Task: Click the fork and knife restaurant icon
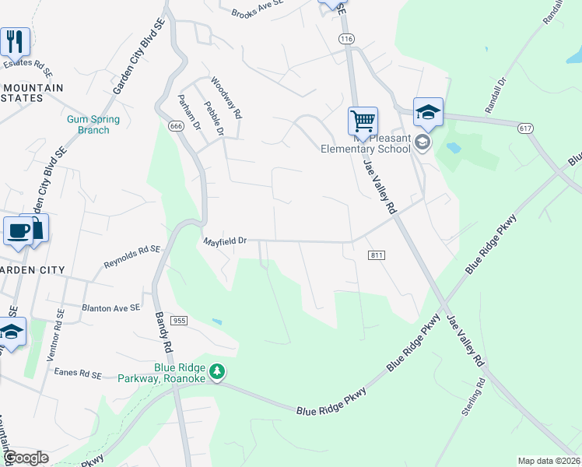pyautogui.click(x=15, y=42)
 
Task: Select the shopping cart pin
pyautogui.click(x=363, y=122)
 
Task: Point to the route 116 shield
pyautogui.click(x=346, y=38)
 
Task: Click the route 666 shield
pyautogui.click(x=176, y=126)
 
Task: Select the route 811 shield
pyautogui.click(x=376, y=255)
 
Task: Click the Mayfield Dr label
pyautogui.click(x=225, y=241)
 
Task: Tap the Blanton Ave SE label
pyautogui.click(x=110, y=308)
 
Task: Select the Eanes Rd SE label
pyautogui.click(x=78, y=374)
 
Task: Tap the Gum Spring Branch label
pyautogui.click(x=93, y=125)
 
